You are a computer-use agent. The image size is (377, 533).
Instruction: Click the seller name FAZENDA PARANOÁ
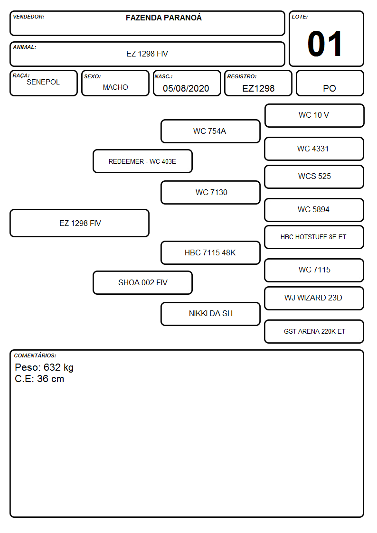(x=163, y=18)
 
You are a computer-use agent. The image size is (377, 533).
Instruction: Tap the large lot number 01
(x=325, y=44)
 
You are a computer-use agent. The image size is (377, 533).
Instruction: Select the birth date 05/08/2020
(x=186, y=88)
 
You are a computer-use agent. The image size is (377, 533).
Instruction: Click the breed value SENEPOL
(x=43, y=82)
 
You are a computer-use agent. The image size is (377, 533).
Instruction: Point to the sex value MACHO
(x=115, y=87)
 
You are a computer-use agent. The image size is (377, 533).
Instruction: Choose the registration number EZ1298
(x=258, y=88)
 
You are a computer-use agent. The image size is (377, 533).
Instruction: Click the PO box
(x=330, y=83)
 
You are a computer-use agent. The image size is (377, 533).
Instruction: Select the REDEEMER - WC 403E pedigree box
(x=142, y=161)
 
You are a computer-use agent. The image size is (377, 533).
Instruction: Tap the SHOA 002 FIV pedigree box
(x=142, y=282)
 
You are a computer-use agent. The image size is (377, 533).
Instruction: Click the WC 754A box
(x=210, y=131)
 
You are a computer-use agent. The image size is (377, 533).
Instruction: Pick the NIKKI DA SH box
(x=210, y=314)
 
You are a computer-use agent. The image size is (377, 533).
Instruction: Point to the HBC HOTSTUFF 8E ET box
(x=314, y=237)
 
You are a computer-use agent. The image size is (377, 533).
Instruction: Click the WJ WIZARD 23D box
(x=314, y=298)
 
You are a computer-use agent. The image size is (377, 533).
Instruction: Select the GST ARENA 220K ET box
(x=314, y=331)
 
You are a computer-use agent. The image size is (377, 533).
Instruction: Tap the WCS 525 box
(x=314, y=177)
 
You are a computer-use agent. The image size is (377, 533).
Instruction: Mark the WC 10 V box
(x=314, y=116)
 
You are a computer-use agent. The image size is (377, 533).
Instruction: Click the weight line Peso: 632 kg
(x=44, y=367)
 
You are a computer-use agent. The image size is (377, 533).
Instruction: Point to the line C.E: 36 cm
(x=39, y=379)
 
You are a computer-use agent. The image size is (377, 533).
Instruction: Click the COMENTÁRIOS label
(x=35, y=355)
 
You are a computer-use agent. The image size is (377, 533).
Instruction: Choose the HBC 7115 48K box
(x=210, y=253)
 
